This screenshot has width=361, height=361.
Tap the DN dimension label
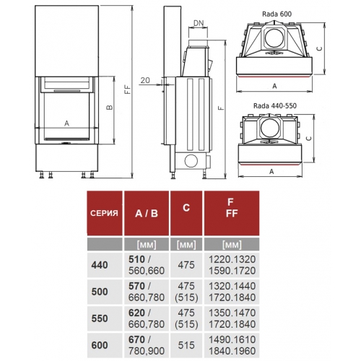click(x=199, y=23)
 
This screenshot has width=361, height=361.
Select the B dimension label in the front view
click(x=109, y=108)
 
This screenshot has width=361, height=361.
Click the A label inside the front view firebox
click(x=66, y=123)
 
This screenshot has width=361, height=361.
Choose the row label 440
click(x=99, y=265)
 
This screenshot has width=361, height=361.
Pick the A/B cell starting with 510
click(x=147, y=265)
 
